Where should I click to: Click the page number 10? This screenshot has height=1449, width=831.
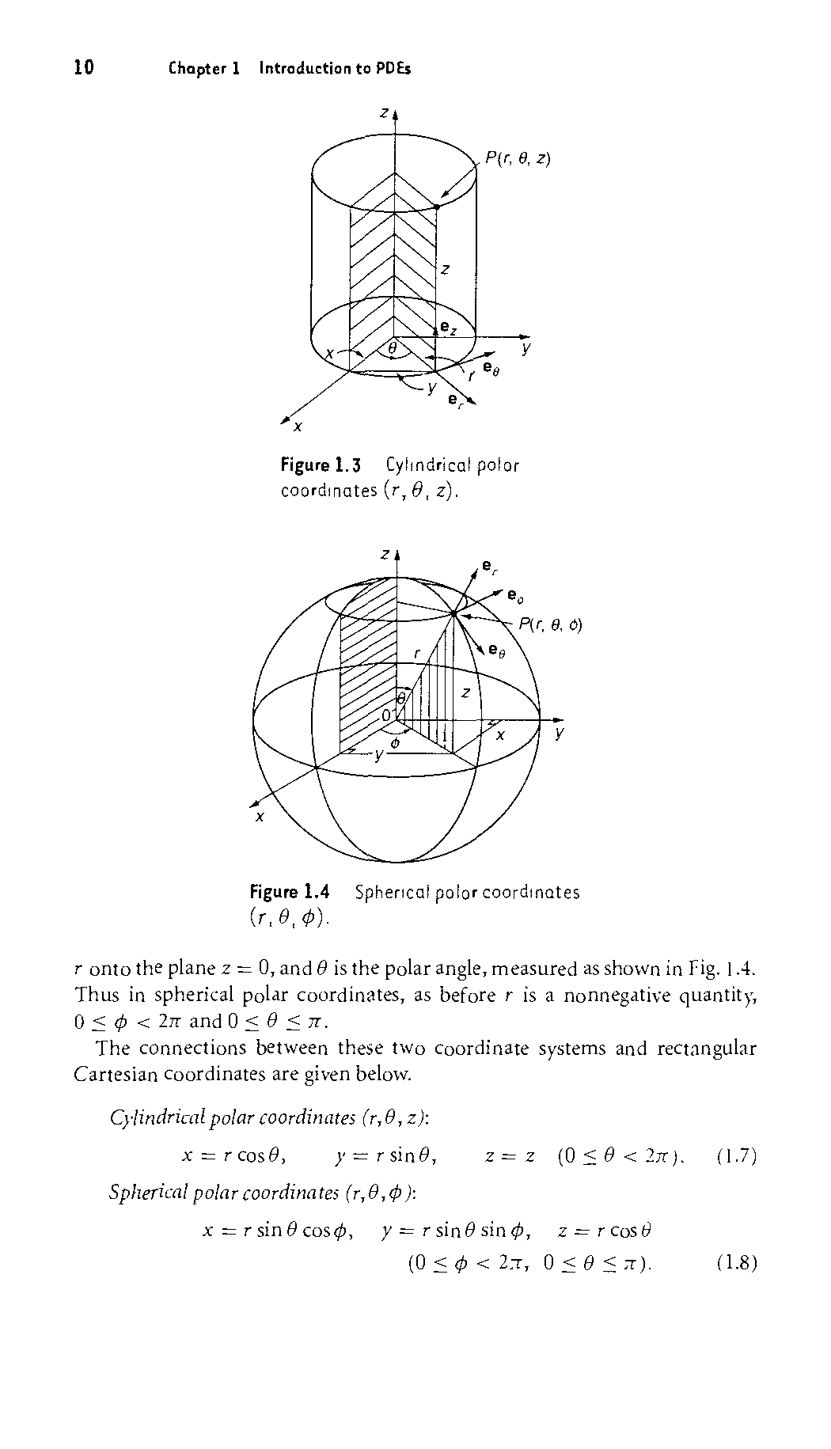84,68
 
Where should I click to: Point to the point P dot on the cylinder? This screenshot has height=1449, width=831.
437,207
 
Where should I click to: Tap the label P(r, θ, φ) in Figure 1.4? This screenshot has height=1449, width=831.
551,625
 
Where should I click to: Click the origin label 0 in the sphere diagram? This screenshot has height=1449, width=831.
386,715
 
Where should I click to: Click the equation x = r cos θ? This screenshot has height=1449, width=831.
234,1156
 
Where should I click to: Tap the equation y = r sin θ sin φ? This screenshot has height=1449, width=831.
456,1231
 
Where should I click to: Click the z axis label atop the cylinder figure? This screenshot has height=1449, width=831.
385,113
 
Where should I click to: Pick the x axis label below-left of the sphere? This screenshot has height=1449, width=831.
259,817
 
